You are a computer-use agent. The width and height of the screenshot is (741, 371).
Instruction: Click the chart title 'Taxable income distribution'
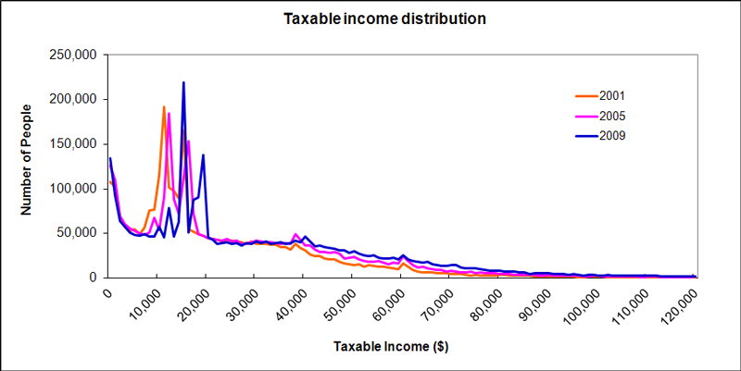[384, 19]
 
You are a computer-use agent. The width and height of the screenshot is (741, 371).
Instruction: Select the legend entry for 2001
[599, 96]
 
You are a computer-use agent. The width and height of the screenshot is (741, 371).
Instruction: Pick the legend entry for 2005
[599, 117]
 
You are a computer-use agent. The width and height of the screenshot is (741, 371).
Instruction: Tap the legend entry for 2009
[599, 136]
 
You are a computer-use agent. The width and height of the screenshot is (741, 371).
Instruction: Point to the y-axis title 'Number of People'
[26, 159]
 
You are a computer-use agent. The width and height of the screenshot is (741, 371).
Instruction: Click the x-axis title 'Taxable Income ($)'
[391, 347]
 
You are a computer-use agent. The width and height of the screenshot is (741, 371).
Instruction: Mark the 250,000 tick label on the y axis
[73, 56]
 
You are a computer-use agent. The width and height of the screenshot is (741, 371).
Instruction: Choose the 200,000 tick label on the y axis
[73, 100]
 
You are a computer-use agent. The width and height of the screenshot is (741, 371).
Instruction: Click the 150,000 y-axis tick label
[73, 144]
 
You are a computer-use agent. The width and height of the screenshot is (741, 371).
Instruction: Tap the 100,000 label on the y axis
[73, 189]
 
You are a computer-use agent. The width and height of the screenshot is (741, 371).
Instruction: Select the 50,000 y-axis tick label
[76, 234]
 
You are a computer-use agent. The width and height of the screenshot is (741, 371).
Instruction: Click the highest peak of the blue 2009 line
[183, 82]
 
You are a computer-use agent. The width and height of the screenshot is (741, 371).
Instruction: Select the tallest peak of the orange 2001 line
[164, 106]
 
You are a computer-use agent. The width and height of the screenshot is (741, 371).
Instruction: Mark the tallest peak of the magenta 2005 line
[169, 113]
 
